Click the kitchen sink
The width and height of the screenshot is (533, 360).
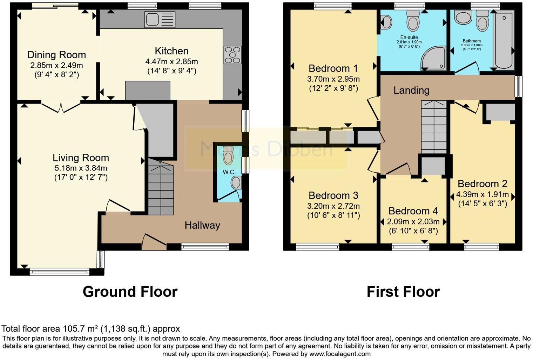tap(160, 20)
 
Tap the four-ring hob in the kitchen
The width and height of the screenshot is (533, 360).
tap(232, 55)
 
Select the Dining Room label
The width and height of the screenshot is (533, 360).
tap(56, 55)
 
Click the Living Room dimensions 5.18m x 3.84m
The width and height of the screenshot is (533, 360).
tap(81, 168)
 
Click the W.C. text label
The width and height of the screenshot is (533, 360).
tap(229, 172)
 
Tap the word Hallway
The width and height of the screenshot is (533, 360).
tap(202, 225)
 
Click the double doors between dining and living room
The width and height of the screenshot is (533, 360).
tap(61, 107)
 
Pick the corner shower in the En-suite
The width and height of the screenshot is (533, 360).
tap(434, 59)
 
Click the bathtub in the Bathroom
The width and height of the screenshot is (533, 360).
tap(504, 39)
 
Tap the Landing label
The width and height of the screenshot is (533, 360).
tap(411, 91)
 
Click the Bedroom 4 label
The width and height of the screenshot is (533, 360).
tap(413, 211)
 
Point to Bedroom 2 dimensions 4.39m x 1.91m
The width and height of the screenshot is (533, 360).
tap(482, 194)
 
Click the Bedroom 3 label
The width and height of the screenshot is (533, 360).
tap(333, 195)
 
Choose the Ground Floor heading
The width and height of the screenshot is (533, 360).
tap(130, 292)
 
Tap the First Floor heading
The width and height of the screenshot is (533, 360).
tap(403, 292)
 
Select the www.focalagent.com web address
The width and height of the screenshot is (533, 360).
tap(339, 354)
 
